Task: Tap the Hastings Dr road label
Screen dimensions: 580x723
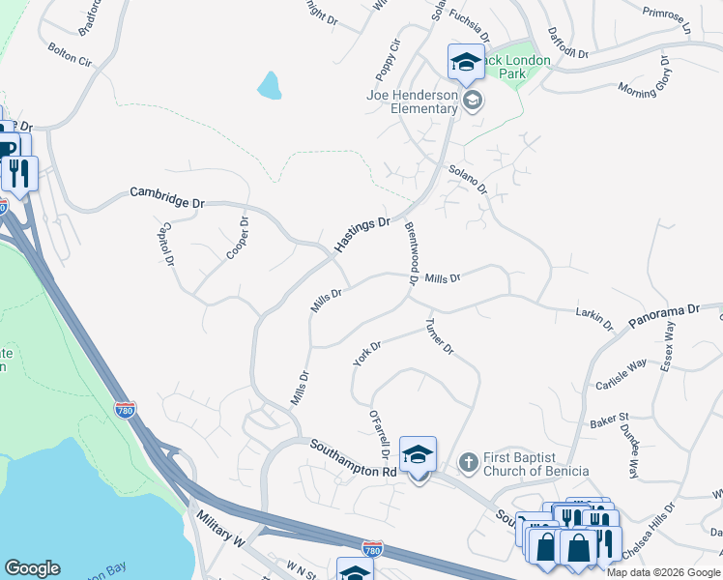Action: (361, 235)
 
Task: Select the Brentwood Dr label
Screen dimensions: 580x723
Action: (411, 253)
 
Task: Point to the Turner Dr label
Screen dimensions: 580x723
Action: (440, 335)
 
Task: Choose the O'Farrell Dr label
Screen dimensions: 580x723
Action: (378, 434)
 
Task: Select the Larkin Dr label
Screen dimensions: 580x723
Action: (594, 318)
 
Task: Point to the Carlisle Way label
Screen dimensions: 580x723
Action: (620, 371)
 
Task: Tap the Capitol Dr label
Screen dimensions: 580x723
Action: (164, 246)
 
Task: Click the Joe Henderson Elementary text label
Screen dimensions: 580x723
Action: (412, 101)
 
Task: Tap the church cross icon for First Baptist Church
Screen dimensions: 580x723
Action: (467, 462)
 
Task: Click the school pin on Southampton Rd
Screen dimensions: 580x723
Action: (418, 454)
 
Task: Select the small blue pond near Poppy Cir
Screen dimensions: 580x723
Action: (270, 86)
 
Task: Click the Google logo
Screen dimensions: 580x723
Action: (32, 568)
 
